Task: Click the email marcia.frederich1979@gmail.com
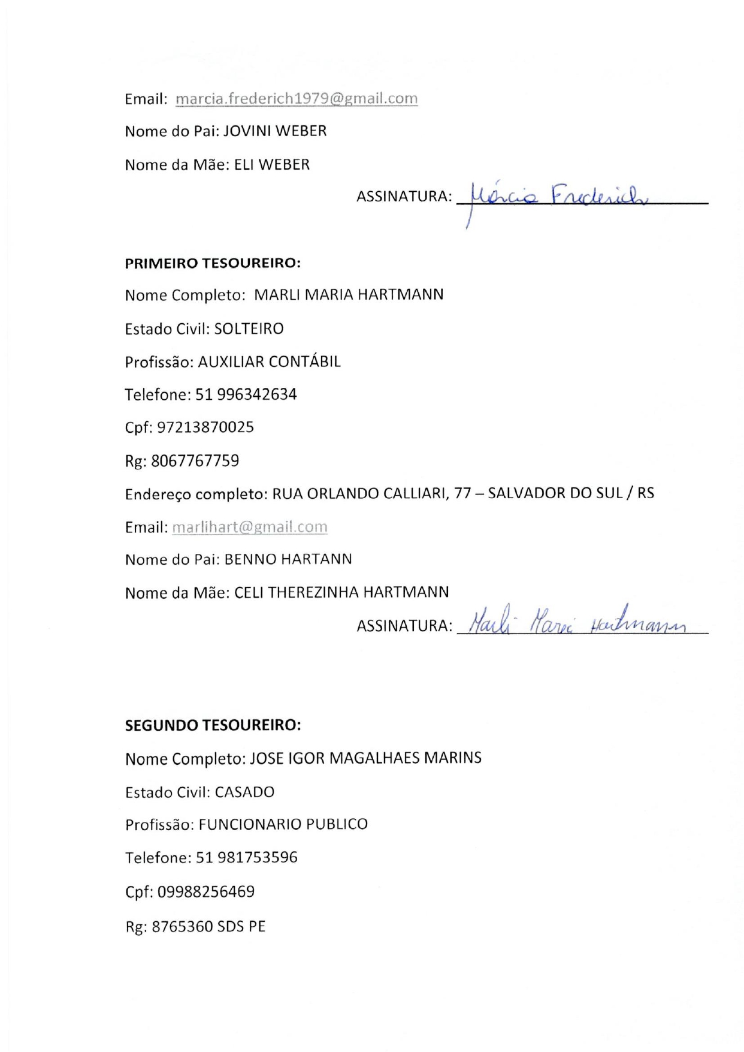297,99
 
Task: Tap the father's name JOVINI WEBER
275,131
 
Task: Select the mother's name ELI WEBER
272,165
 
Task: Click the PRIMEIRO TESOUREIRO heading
213,263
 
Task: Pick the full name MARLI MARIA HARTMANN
349,295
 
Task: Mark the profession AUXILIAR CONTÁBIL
269,362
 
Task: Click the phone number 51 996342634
246,394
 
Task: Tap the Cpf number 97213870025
205,427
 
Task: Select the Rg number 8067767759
195,461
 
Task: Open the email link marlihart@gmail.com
250,527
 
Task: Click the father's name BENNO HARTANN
288,559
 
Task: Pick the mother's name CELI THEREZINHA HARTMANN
341,593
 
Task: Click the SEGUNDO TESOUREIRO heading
213,725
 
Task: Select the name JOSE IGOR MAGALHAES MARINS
365,758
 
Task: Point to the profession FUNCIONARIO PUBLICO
283,825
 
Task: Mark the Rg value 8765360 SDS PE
208,927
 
